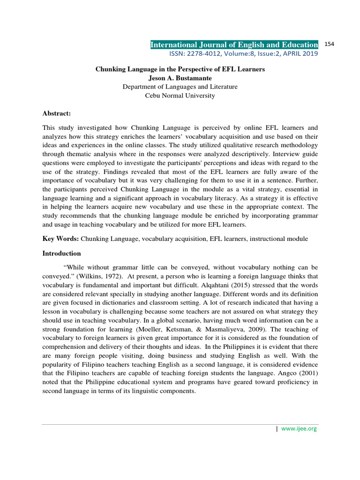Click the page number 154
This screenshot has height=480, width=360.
pyautogui.click(x=329, y=44)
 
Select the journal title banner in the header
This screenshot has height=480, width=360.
pyautogui.click(x=234, y=45)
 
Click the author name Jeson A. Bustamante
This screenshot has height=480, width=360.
pyautogui.click(x=180, y=78)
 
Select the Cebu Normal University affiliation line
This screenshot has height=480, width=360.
pyautogui.click(x=180, y=96)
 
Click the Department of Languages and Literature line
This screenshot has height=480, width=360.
pyautogui.click(x=180, y=87)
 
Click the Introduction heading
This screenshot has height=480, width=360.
pyautogui.click(x=61, y=254)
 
